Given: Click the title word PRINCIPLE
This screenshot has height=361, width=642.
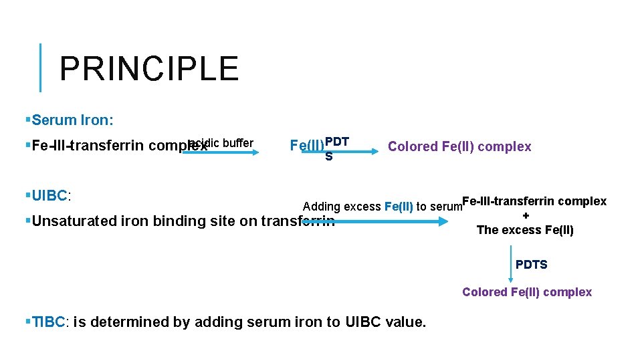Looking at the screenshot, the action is click(x=148, y=68).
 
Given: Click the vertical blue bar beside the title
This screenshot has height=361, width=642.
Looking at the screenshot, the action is click(x=41, y=68).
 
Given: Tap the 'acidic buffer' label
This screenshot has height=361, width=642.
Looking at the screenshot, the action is click(x=221, y=142).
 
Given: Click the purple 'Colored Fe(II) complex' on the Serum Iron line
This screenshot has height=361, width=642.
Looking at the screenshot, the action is click(x=459, y=146).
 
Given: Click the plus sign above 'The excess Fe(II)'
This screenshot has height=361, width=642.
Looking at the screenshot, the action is click(x=526, y=216).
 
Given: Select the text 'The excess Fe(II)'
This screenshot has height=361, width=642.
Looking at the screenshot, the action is click(x=525, y=230).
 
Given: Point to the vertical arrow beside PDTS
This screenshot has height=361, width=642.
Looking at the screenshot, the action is click(x=512, y=263).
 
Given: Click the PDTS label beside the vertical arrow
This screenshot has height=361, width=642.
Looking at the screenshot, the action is click(x=532, y=265).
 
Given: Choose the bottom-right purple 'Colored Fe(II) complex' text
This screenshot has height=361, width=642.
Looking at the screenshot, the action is click(x=527, y=292).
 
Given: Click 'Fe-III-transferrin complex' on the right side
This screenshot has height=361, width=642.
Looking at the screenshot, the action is click(x=534, y=201).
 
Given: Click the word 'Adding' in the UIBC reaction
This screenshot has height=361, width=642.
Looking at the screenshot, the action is click(x=321, y=207).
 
